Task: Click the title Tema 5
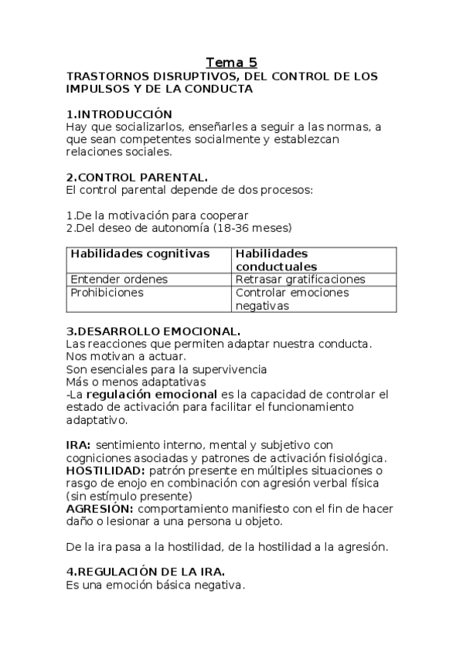click(x=232, y=63)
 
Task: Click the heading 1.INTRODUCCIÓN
click(x=119, y=114)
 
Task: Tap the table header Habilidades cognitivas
click(x=140, y=253)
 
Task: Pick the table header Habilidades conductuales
click(x=276, y=260)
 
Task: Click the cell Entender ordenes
click(x=119, y=279)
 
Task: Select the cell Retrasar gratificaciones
click(x=300, y=279)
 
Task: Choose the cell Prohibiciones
click(x=107, y=293)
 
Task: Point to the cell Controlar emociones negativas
click(x=291, y=299)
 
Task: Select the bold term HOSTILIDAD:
click(x=105, y=470)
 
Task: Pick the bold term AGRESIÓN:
click(x=100, y=508)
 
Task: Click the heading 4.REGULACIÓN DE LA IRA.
click(x=146, y=571)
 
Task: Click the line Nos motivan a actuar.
click(x=126, y=356)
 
